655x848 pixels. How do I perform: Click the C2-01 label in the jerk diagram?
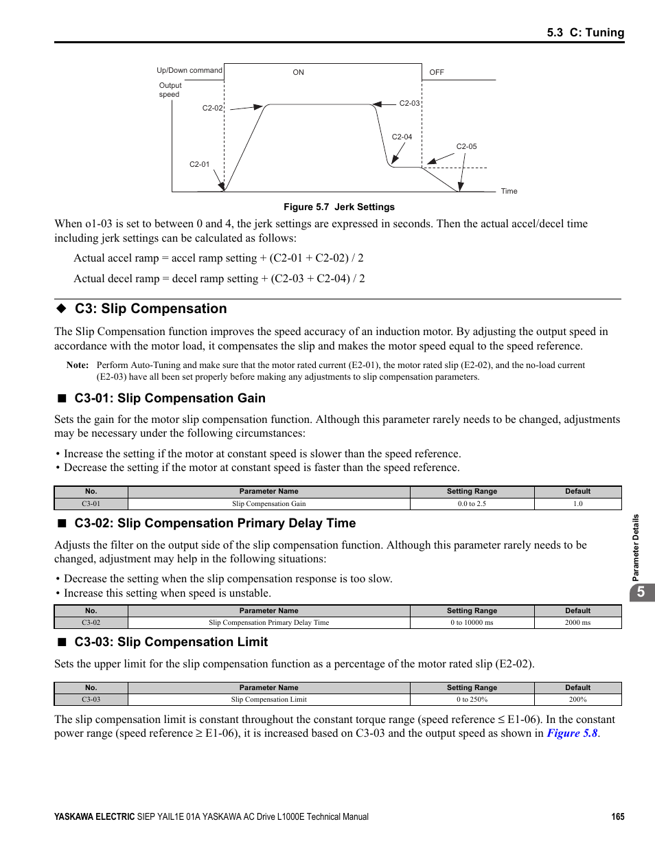pyautogui.click(x=199, y=164)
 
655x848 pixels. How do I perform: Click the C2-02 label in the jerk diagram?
pyautogui.click(x=212, y=108)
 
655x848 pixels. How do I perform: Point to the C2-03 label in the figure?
pyautogui.click(x=409, y=103)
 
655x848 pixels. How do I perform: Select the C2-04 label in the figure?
pyautogui.click(x=402, y=137)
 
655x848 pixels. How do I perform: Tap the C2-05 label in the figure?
pyautogui.click(x=466, y=146)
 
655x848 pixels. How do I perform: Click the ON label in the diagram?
pyautogui.click(x=298, y=72)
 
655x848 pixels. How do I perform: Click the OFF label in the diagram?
pyautogui.click(x=437, y=72)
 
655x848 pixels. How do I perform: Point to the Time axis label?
pyautogui.click(x=509, y=191)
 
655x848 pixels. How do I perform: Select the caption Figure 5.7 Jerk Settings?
pyautogui.click(x=339, y=207)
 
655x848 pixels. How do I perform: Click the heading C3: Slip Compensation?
pyautogui.click(x=150, y=309)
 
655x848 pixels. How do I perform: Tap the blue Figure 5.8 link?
pyautogui.click(x=572, y=733)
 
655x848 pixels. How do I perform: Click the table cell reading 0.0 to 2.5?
pyautogui.click(x=472, y=503)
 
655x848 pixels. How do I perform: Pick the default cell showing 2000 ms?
pyautogui.click(x=577, y=622)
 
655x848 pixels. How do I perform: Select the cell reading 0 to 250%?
pyautogui.click(x=472, y=699)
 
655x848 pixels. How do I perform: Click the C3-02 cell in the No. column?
pyautogui.click(x=91, y=622)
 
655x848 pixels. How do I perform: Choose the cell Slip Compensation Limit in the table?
pyautogui.click(x=268, y=699)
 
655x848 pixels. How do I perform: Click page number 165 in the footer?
pyautogui.click(x=617, y=816)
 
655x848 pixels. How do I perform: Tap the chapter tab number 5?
pyautogui.click(x=641, y=592)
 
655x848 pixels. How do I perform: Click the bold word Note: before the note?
pyautogui.click(x=78, y=365)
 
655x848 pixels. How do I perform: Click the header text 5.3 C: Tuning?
pyautogui.click(x=585, y=32)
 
